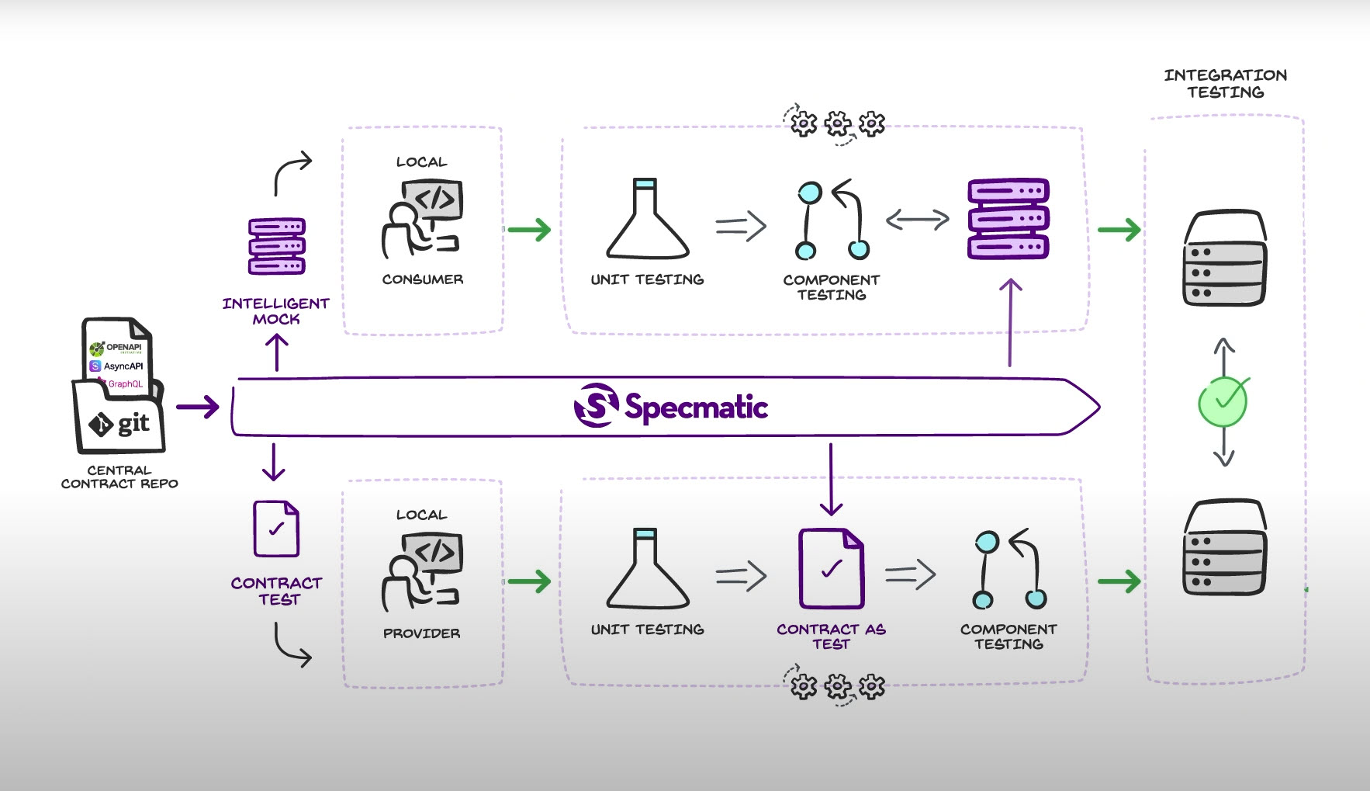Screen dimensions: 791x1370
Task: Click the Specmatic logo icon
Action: pyautogui.click(x=596, y=405)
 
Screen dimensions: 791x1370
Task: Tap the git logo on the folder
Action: pyautogui.click(x=119, y=424)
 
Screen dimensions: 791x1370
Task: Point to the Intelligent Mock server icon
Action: pyautogui.click(x=276, y=246)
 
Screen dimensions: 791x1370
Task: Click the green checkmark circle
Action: pyautogui.click(x=1223, y=401)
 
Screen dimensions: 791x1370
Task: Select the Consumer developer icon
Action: pyautogui.click(x=422, y=219)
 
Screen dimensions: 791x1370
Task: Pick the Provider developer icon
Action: pyautogui.click(x=422, y=572)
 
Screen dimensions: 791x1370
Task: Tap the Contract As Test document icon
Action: pyautogui.click(x=831, y=568)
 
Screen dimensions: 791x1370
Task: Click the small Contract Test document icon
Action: pyautogui.click(x=276, y=529)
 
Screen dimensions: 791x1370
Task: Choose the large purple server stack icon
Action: pyautogui.click(x=1008, y=219)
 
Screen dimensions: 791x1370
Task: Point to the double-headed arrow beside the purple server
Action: pyautogui.click(x=918, y=220)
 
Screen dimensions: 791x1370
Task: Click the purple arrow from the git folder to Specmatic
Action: pyautogui.click(x=198, y=407)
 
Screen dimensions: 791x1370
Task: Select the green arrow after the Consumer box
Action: pyautogui.click(x=529, y=229)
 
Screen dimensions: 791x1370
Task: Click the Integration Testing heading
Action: pyautogui.click(x=1225, y=84)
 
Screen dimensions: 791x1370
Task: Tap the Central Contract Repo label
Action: pyautogui.click(x=119, y=477)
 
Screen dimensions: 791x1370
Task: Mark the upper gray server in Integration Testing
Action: pyautogui.click(x=1224, y=258)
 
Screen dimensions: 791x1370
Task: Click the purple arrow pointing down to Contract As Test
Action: pyautogui.click(x=831, y=479)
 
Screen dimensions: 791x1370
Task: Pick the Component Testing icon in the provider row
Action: pyautogui.click(x=1009, y=569)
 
